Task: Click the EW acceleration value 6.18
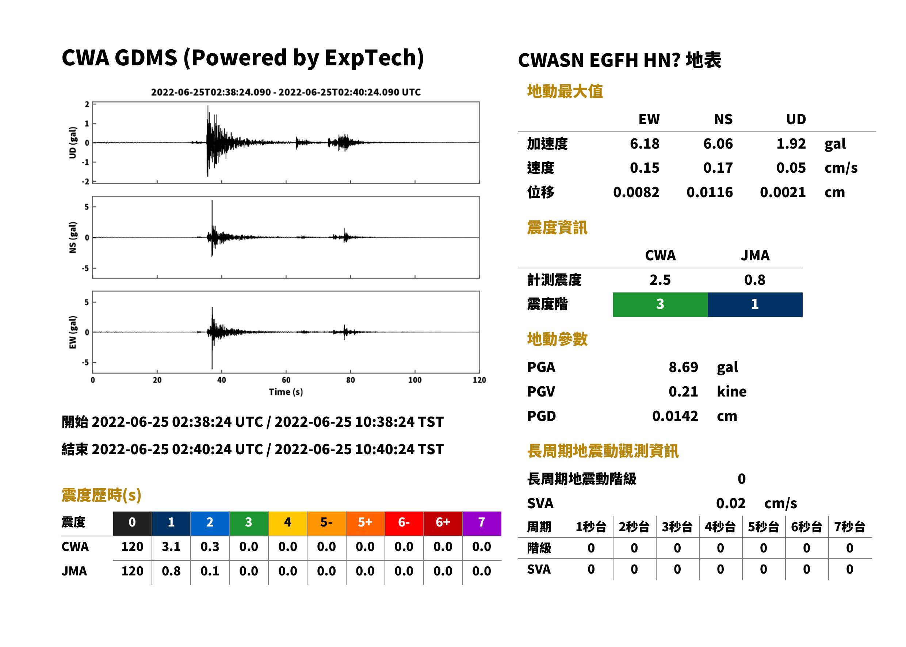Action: [x=644, y=144]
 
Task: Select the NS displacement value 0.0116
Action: [x=710, y=192]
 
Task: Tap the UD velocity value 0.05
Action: [x=791, y=168]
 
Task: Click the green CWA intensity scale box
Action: [x=660, y=305]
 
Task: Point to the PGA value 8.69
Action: [x=683, y=367]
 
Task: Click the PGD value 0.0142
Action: [x=675, y=416]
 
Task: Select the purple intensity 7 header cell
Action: [x=482, y=523]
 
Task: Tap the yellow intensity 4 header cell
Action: [x=288, y=523]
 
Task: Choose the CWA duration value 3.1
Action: [x=171, y=547]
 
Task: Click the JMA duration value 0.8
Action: [x=171, y=571]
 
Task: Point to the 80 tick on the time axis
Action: [x=351, y=380]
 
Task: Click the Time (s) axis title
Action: [x=286, y=392]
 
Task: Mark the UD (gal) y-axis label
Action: [x=73, y=143]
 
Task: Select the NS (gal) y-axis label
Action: [x=73, y=237]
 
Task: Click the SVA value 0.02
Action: [x=731, y=504]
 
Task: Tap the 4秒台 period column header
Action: [x=720, y=527]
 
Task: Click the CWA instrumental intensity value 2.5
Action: [x=660, y=280]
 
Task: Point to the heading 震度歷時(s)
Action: [x=102, y=495]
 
